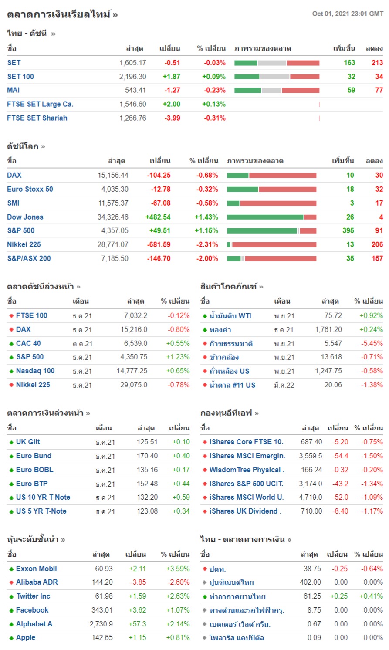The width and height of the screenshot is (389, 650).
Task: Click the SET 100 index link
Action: [x=20, y=77]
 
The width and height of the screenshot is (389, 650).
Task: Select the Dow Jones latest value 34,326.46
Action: [x=113, y=217]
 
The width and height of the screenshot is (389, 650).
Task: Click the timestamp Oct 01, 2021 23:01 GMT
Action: [x=348, y=14]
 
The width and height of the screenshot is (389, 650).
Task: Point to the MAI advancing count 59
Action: [x=351, y=90]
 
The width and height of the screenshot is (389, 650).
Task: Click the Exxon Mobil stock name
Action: [x=37, y=569]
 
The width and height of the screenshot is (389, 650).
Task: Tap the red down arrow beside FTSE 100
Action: [x=11, y=316]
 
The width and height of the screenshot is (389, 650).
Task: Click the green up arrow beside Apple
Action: [x=11, y=638]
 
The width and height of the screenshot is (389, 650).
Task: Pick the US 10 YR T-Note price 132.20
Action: [x=147, y=497]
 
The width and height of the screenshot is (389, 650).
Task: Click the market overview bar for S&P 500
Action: [x=271, y=230]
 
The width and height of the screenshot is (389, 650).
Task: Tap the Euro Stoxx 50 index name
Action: [x=30, y=189]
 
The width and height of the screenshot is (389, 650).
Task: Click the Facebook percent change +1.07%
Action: [x=178, y=610]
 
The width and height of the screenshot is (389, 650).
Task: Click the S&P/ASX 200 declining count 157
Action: [x=377, y=258]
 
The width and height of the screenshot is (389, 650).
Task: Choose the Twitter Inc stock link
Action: [x=33, y=596]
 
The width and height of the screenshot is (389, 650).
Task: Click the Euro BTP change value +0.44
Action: [x=181, y=484]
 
